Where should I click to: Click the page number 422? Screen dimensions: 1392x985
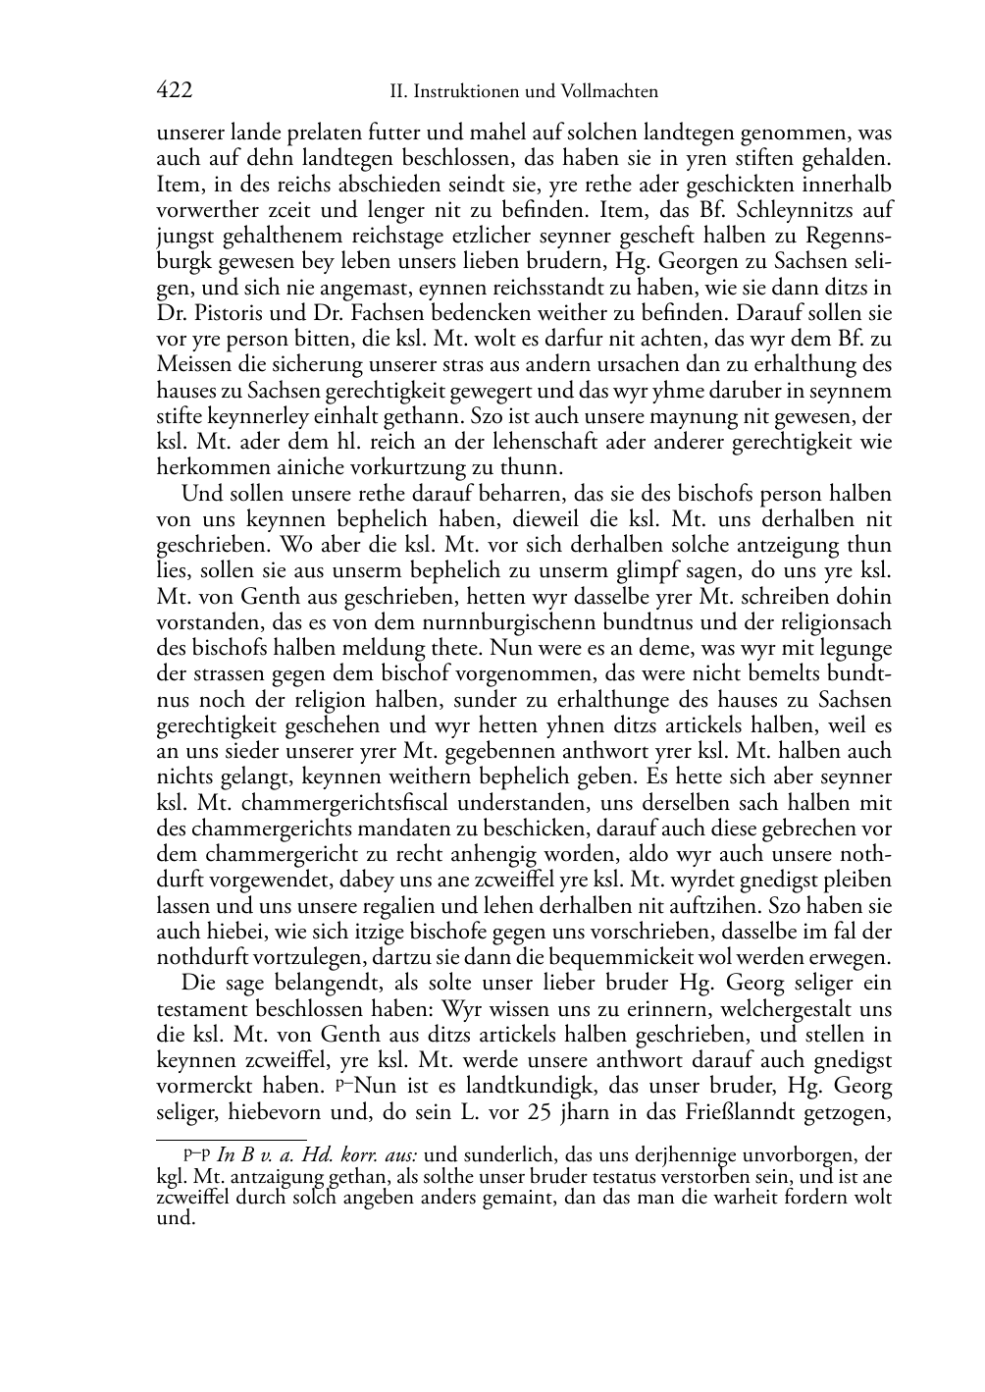[x=174, y=91]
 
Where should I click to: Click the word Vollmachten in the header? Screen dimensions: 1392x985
[x=607, y=92]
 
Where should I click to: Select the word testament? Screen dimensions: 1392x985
[x=203, y=1008]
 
